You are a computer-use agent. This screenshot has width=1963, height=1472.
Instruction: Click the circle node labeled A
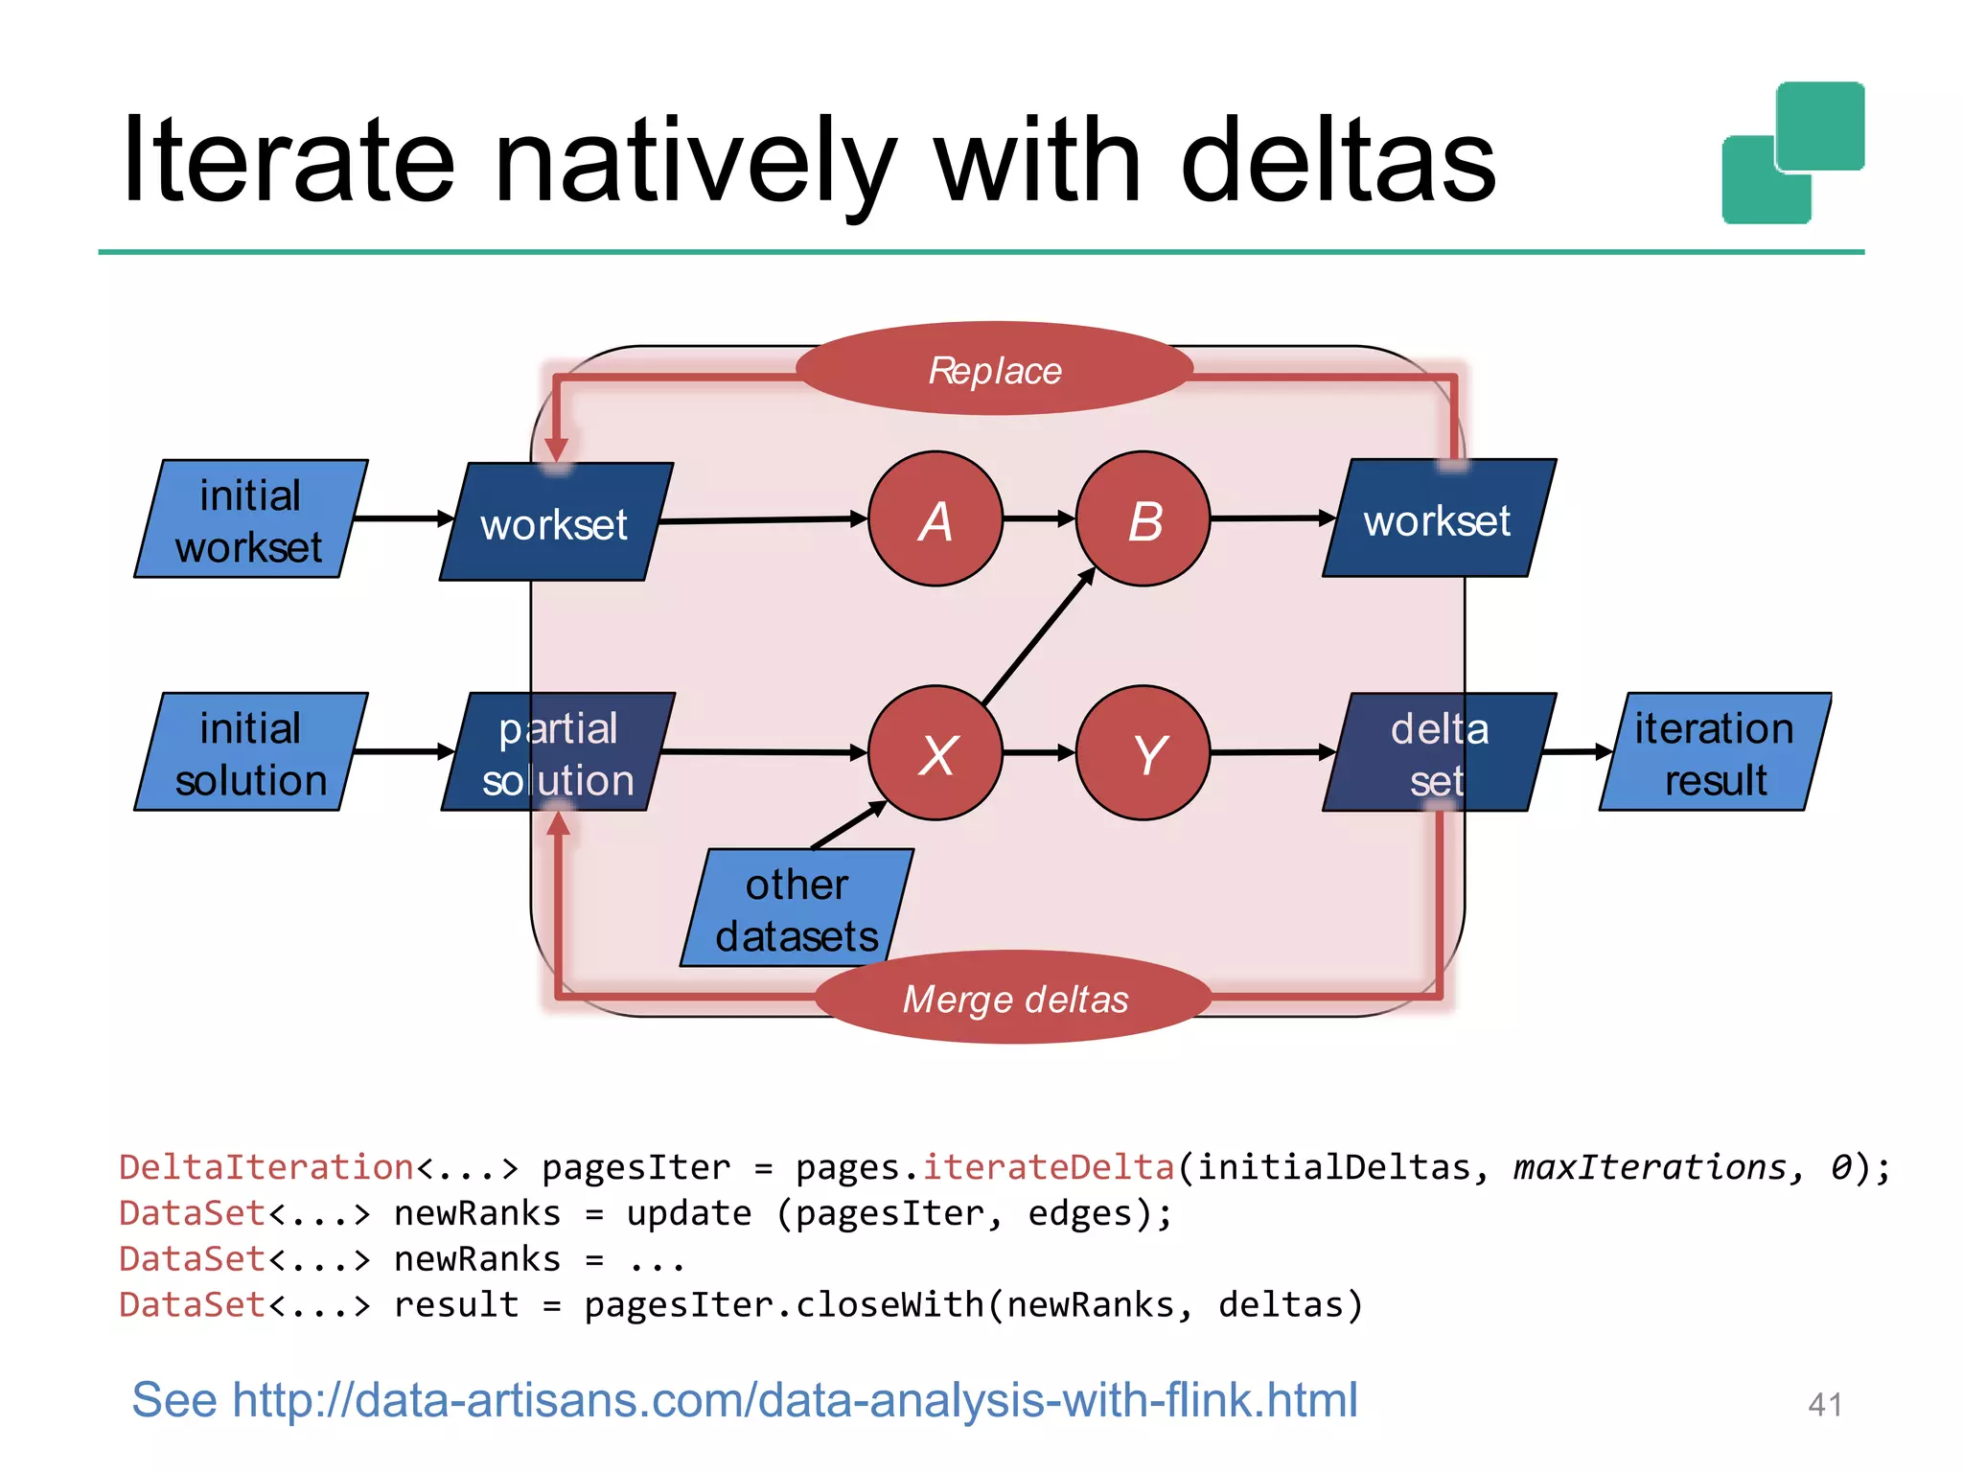(935, 518)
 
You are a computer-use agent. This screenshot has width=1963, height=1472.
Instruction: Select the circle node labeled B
(1143, 518)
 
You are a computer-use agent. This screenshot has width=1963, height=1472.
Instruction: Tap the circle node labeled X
(935, 753)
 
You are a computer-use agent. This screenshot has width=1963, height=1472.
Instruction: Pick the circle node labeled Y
(1143, 753)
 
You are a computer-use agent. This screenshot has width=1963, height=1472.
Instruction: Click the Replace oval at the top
(994, 369)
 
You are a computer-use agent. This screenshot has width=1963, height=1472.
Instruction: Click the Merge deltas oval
(1014, 998)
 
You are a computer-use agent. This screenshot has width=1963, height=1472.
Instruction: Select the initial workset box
(250, 518)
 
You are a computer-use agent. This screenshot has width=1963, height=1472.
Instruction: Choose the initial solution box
(250, 752)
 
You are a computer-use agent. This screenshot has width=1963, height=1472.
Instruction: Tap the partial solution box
(558, 752)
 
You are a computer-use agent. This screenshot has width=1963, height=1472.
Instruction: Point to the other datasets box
(797, 908)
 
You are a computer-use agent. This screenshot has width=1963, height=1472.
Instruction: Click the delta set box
(1439, 752)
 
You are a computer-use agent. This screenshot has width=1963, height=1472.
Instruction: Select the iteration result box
(1715, 752)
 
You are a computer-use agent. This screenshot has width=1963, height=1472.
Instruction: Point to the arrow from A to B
(1039, 518)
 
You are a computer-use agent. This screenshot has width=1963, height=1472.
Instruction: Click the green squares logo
(1792, 153)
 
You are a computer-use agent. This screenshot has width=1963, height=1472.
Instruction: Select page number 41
(1824, 1405)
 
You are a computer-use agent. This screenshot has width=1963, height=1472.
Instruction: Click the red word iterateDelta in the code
(1048, 1167)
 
